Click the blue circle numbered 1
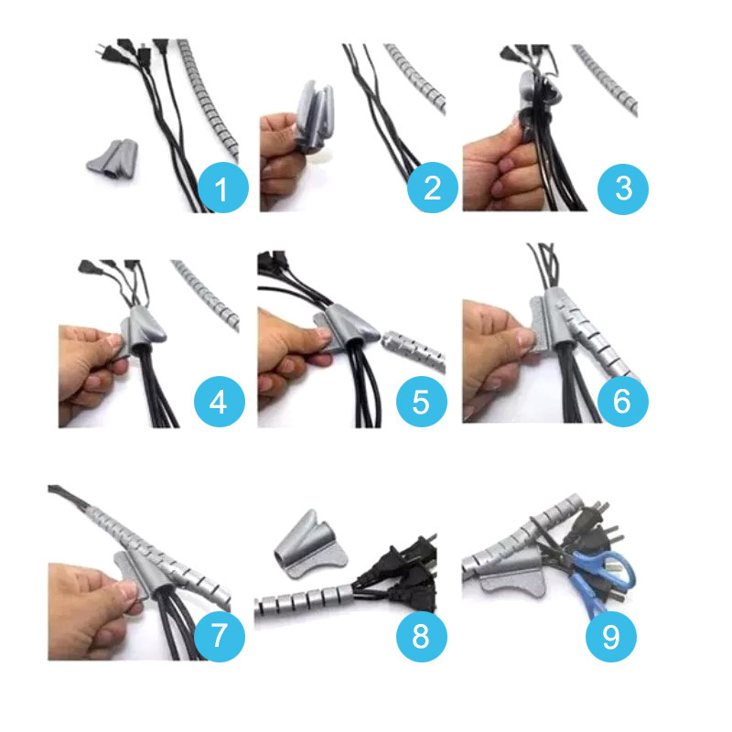click(222, 188)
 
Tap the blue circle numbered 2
click(432, 188)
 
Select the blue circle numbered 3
click(623, 189)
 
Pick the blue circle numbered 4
click(220, 402)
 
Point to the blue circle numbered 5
click(422, 402)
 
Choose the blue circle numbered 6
click(623, 402)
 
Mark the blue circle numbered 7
click(220, 636)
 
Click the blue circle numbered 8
click(422, 636)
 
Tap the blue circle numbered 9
click(611, 636)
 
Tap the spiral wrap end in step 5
click(413, 349)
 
